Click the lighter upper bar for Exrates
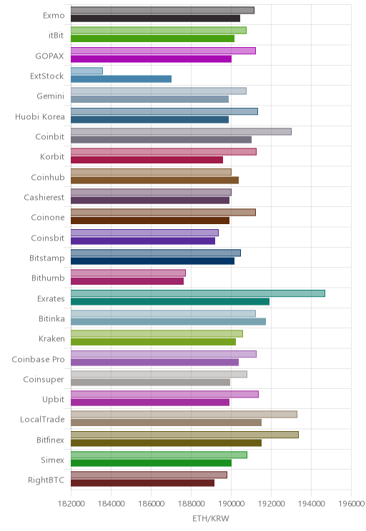[x=198, y=293]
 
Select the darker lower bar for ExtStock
[x=121, y=79]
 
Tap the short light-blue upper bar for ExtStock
[x=86, y=71]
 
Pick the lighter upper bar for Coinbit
[x=181, y=131]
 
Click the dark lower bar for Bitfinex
[x=167, y=443]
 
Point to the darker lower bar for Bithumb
[x=127, y=281]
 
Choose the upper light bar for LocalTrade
[x=184, y=414]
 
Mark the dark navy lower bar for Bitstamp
[x=153, y=261]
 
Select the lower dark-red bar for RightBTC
[x=142, y=483]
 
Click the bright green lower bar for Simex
[x=152, y=463]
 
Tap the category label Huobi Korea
[x=40, y=117]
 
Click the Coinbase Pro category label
[x=38, y=359]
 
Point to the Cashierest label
[x=44, y=198]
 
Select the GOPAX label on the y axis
[x=49, y=56]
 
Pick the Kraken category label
[x=51, y=338]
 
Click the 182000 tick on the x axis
[x=71, y=504]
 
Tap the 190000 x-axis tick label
[x=231, y=504]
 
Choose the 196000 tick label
[x=352, y=504]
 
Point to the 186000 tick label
[x=151, y=504]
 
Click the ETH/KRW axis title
[x=211, y=518]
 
